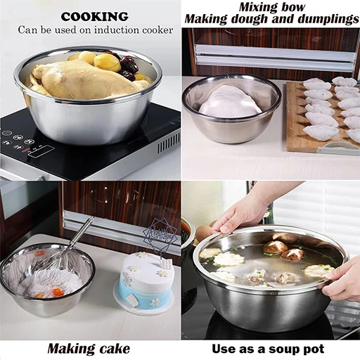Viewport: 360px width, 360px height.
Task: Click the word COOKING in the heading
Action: pyautogui.click(x=95, y=17)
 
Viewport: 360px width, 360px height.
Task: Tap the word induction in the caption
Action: pyautogui.click(x=117, y=30)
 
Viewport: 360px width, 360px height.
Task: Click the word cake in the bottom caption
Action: pyautogui.click(x=115, y=349)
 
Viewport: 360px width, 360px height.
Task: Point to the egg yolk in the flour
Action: pyautogui.click(x=58, y=292)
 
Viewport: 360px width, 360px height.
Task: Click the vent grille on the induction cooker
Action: pyautogui.click(x=168, y=142)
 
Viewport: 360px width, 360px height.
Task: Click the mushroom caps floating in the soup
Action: pyautogui.click(x=283, y=250)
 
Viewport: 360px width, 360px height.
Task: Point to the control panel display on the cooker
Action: pyautogui.click(x=40, y=150)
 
